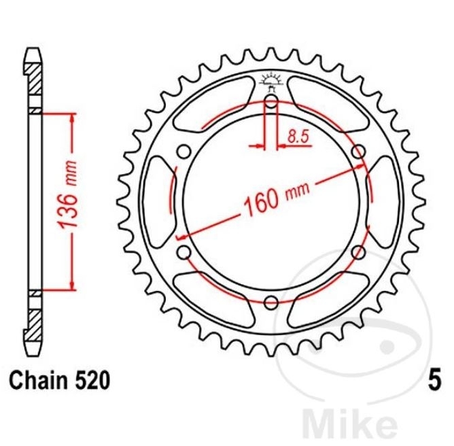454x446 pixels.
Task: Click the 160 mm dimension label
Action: pos(277,197)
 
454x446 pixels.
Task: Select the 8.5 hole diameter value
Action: pos(299,137)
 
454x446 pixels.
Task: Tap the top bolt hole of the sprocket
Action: pos(271,101)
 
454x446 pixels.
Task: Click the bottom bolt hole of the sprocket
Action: pos(271,303)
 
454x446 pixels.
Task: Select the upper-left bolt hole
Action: pos(184,152)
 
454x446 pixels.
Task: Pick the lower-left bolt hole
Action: pos(184,252)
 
